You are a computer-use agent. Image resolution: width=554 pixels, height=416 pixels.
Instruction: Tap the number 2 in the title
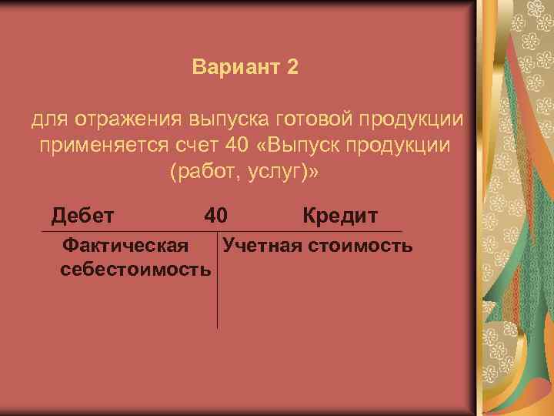point(292,67)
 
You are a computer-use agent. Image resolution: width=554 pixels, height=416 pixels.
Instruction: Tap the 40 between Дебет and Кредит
point(216,215)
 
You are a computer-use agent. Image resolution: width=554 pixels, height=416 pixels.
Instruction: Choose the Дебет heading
point(82,215)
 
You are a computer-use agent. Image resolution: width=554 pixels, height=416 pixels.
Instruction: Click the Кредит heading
point(339,215)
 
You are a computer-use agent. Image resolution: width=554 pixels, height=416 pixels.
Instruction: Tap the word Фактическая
point(125,246)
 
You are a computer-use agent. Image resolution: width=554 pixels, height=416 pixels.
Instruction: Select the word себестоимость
point(135,269)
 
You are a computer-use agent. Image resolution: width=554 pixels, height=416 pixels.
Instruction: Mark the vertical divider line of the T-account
point(218,293)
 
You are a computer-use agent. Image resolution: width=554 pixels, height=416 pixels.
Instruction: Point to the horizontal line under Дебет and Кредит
point(308,232)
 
